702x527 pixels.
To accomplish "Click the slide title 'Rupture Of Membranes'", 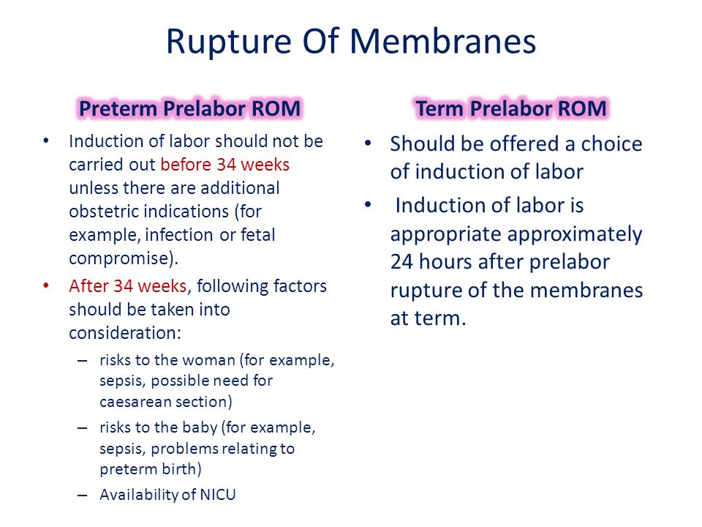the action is tap(351, 42).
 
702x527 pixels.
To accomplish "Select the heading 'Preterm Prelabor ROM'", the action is tap(189, 108).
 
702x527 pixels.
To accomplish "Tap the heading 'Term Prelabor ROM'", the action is tap(511, 108).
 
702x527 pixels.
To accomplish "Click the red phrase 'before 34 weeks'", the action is tap(224, 165).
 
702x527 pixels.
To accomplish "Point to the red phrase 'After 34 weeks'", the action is tap(127, 286).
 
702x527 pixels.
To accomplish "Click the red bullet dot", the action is tap(45, 285).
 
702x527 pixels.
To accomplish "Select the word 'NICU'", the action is tap(218, 494).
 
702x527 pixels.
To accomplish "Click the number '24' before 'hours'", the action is tap(401, 262).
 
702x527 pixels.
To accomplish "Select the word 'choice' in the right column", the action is tap(611, 144).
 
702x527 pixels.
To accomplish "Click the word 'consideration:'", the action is tap(125, 333).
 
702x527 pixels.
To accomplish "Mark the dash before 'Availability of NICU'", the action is tap(83, 496).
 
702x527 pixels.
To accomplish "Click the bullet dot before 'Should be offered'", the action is tap(368, 143).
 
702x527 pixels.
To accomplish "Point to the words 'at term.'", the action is tap(428, 318).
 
